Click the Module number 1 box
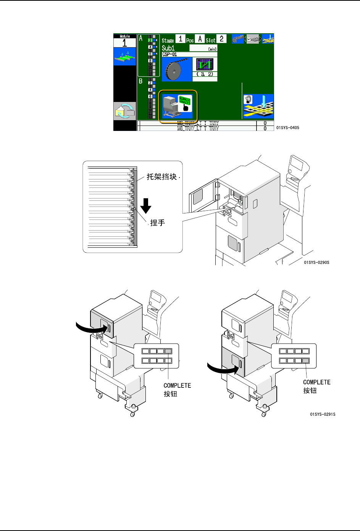124,42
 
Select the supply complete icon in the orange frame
178,107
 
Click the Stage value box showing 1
180,39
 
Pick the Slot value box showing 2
221,39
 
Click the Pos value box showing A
200,39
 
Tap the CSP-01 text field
189,54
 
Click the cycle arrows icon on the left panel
125,111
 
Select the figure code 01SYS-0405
287,128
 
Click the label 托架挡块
162,177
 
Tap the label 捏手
157,223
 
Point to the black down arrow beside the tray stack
145,206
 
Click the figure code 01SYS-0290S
316,263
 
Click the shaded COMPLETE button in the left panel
168,351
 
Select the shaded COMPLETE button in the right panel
305,361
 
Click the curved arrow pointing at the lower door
221,369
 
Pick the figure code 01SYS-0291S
323,414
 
